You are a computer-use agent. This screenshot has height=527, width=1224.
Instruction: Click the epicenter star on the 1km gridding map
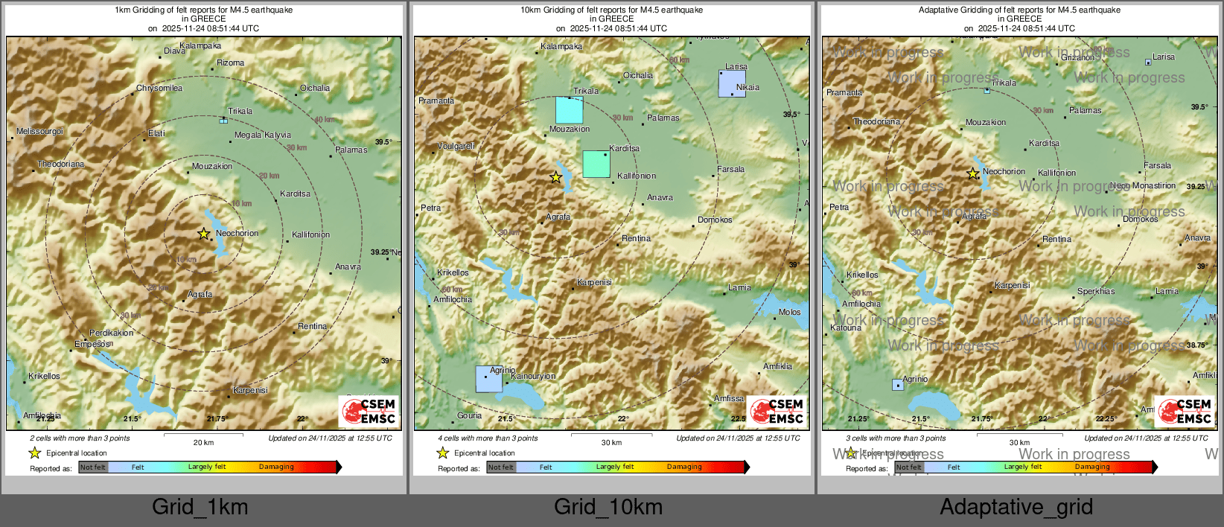click(x=203, y=234)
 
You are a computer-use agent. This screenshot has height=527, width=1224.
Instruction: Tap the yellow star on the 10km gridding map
click(x=556, y=177)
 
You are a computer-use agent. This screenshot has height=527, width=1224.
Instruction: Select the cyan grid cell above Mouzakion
click(x=570, y=110)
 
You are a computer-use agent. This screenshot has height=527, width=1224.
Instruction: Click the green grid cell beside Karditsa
click(x=596, y=164)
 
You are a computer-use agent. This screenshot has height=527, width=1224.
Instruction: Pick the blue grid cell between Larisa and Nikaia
click(x=732, y=83)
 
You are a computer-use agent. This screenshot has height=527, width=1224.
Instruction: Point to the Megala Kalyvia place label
click(x=263, y=135)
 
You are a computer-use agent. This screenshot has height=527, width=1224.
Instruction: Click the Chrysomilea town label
click(x=159, y=89)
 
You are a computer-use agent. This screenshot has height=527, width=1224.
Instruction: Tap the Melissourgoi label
click(x=40, y=132)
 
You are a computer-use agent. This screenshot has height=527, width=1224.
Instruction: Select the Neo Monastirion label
click(x=1143, y=186)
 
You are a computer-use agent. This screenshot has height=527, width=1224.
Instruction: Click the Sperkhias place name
click(x=1096, y=292)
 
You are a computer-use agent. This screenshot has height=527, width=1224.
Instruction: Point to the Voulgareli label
click(x=456, y=147)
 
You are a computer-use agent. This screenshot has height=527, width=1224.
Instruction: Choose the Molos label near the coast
click(x=790, y=313)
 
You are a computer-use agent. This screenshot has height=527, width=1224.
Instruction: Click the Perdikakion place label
click(x=112, y=333)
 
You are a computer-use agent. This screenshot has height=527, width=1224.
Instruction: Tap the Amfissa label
click(x=729, y=399)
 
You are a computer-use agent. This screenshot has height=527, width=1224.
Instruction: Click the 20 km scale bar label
click(x=203, y=443)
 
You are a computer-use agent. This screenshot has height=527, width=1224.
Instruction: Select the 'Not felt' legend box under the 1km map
click(x=93, y=467)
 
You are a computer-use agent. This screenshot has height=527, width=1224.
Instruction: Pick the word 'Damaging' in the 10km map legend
click(x=684, y=467)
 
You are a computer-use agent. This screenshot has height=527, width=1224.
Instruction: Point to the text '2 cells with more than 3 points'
click(x=80, y=438)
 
